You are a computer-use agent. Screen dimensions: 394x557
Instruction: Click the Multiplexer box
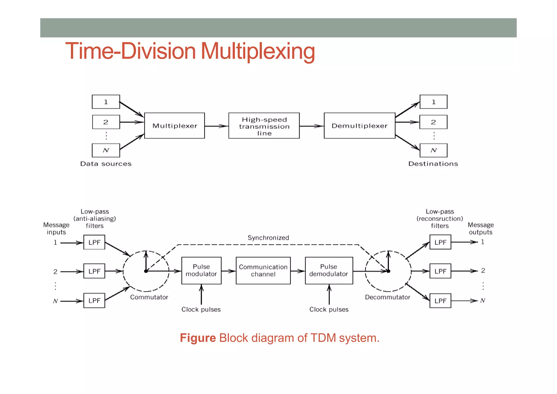[174, 126]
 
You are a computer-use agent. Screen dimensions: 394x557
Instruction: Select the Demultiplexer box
[359, 126]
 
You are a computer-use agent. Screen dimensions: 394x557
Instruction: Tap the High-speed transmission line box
[264, 126]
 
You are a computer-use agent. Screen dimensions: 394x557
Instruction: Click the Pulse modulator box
[201, 270]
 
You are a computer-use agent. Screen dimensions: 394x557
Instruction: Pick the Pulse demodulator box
[329, 270]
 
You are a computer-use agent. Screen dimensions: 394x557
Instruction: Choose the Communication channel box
[263, 270]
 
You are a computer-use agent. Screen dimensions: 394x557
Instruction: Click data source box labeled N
[106, 150]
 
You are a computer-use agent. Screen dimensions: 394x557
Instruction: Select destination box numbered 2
[433, 122]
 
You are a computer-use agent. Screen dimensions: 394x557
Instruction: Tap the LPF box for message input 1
[94, 242]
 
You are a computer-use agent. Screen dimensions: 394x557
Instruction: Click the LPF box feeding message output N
[440, 301]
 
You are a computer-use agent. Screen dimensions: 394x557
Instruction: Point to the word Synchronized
[268, 238]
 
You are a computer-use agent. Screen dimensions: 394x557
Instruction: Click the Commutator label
[149, 297]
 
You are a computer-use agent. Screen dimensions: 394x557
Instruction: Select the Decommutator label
[387, 297]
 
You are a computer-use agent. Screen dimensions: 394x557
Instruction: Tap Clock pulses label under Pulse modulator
[201, 309]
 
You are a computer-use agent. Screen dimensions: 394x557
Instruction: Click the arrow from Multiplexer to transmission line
[216, 126]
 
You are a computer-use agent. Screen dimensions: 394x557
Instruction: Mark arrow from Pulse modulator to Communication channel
[228, 271]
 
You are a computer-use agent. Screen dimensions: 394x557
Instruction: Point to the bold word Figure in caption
[198, 338]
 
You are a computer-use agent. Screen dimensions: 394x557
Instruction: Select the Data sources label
[106, 164]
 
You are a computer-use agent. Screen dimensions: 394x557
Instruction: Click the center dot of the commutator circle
[146, 271]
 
